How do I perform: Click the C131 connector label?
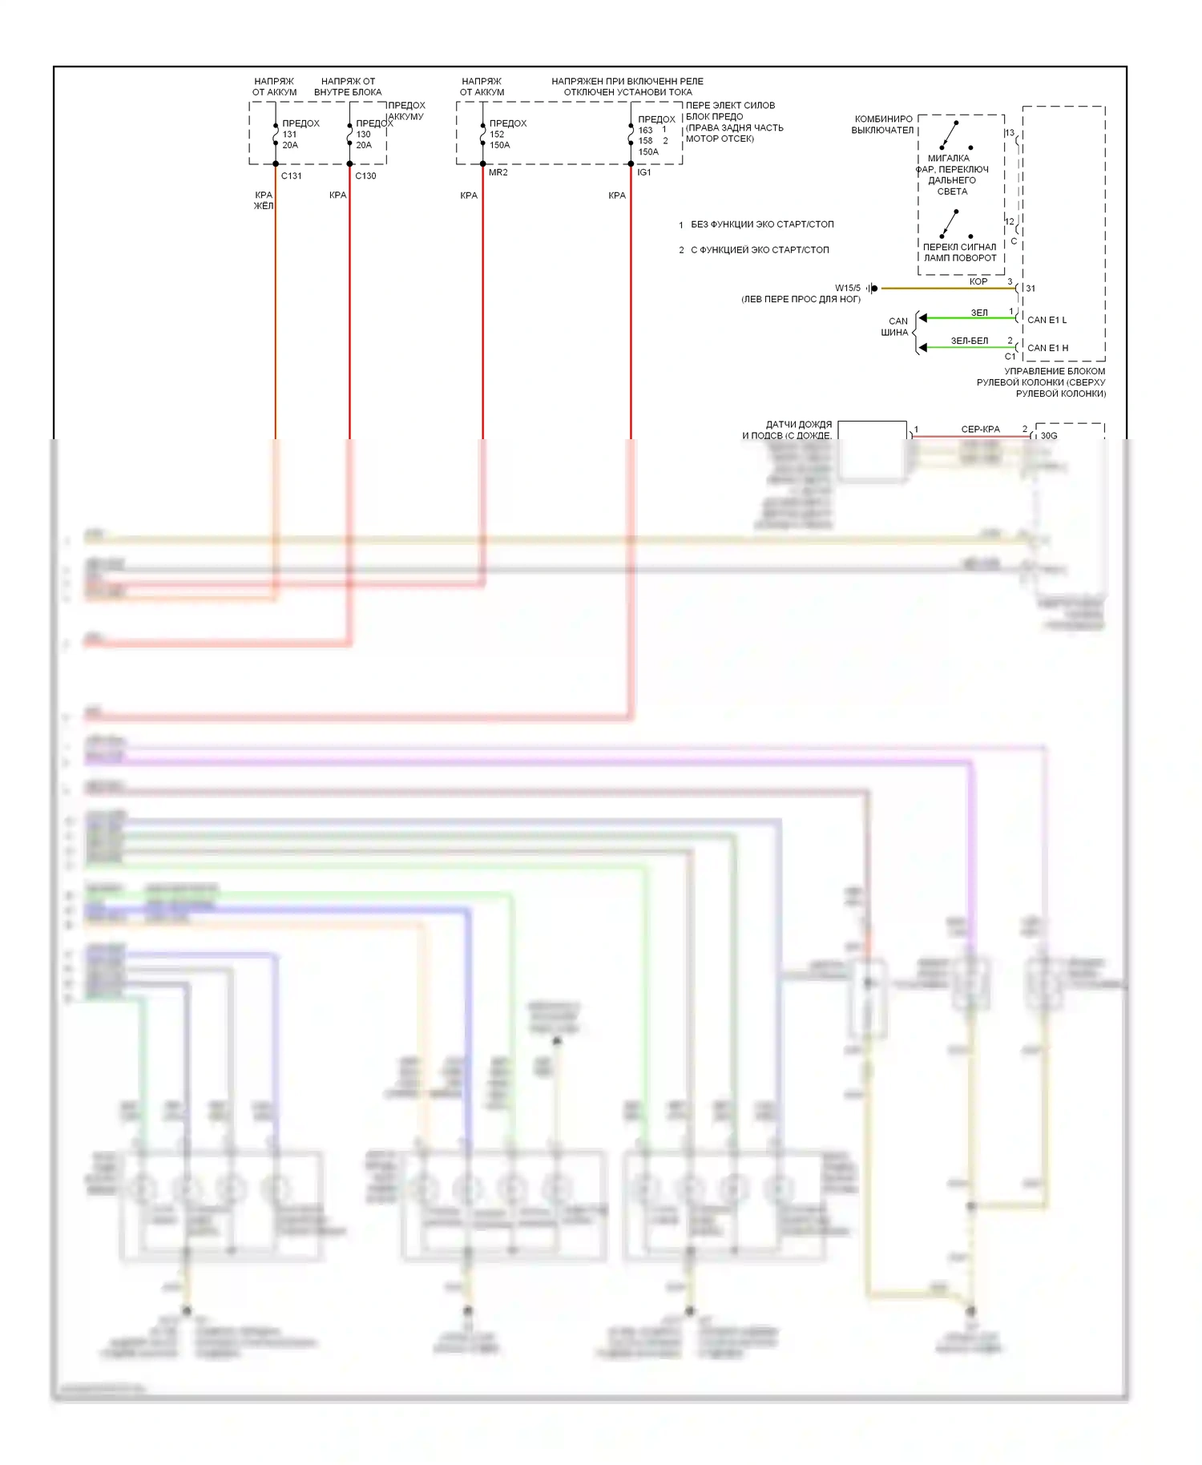pyautogui.click(x=291, y=176)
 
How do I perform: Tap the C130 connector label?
pyautogui.click(x=365, y=176)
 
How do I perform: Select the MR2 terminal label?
pyautogui.click(x=498, y=173)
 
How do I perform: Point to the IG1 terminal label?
pyautogui.click(x=644, y=173)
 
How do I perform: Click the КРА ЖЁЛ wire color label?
pyautogui.click(x=264, y=200)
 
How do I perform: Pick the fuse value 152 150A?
pyautogui.click(x=499, y=139)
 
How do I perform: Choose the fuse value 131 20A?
pyautogui.click(x=290, y=139)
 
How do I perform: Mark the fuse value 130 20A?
pyautogui.click(x=364, y=139)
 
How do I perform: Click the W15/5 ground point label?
pyautogui.click(x=847, y=289)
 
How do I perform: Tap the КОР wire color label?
pyautogui.click(x=978, y=282)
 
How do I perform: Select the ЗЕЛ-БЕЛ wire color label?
pyautogui.click(x=970, y=341)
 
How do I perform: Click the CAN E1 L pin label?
pyautogui.click(x=1047, y=321)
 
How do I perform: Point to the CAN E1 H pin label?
pyautogui.click(x=1047, y=349)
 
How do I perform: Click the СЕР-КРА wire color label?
pyautogui.click(x=980, y=430)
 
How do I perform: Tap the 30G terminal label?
pyautogui.click(x=1049, y=436)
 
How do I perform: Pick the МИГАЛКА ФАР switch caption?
pyautogui.click(x=953, y=175)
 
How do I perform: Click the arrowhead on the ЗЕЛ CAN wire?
pyautogui.click(x=923, y=318)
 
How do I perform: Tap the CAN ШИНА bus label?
pyautogui.click(x=896, y=327)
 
